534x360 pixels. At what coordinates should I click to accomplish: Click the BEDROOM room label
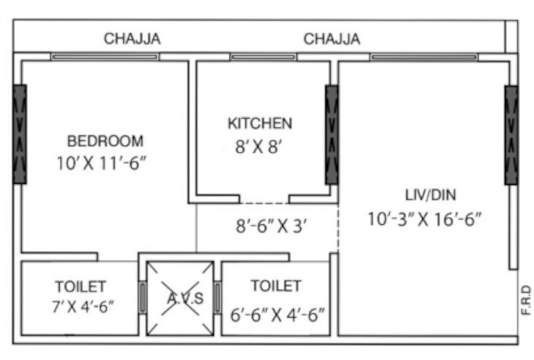coord(105,140)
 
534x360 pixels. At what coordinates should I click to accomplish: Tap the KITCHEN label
coord(259,123)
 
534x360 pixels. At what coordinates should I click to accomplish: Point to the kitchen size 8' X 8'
coord(254,147)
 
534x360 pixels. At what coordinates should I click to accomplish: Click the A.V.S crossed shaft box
coord(180,298)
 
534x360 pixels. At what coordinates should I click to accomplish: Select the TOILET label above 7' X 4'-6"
coord(80,286)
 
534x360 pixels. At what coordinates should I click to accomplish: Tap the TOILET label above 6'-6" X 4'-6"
coord(275,286)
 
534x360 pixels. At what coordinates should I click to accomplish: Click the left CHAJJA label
coord(132,38)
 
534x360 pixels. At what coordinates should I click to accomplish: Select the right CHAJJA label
coord(332,38)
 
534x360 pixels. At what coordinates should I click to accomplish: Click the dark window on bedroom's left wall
coord(20,133)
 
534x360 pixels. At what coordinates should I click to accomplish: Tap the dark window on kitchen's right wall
coord(332,134)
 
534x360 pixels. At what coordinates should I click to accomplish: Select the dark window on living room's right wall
coord(511,134)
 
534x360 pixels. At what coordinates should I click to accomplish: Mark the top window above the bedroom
coord(104,56)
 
